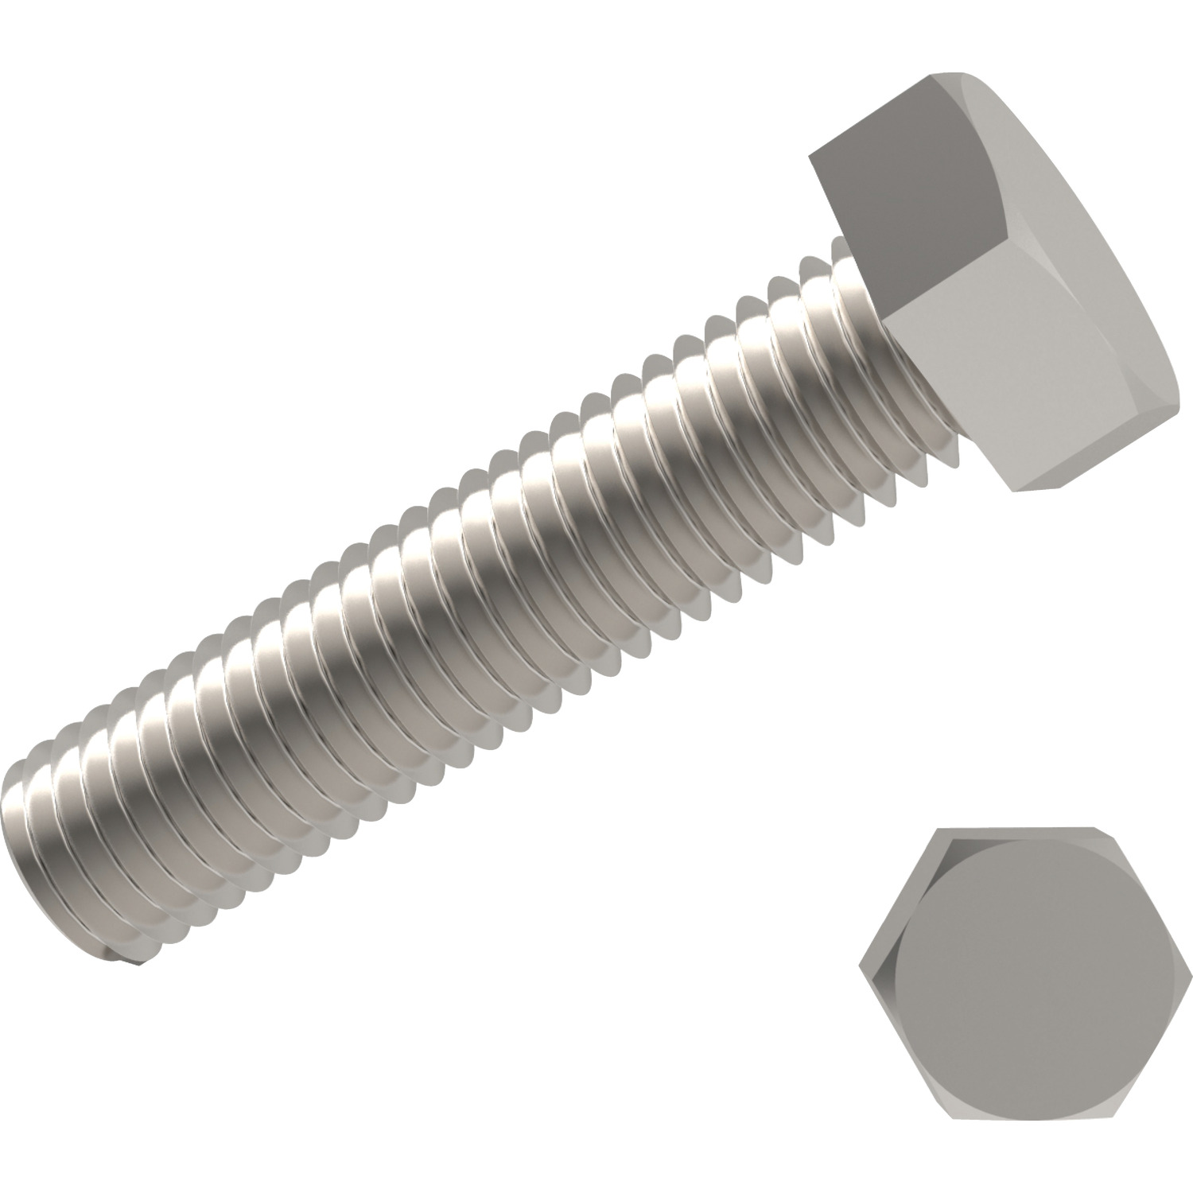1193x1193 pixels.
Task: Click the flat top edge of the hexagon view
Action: [x=1026, y=830]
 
